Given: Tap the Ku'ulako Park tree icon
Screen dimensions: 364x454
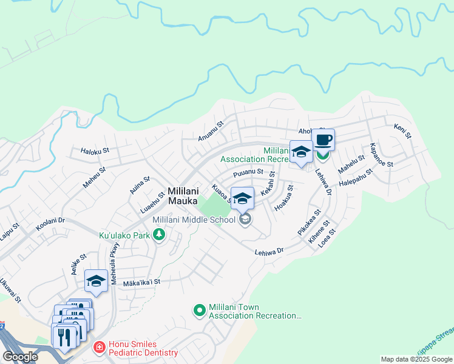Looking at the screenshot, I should (159, 234).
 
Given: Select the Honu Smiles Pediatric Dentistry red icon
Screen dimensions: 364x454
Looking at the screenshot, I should (99, 348).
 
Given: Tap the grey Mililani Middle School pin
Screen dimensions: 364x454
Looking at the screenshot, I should (245, 219).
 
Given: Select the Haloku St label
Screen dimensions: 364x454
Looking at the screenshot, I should (94, 150).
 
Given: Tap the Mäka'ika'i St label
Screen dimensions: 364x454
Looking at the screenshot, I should (141, 282).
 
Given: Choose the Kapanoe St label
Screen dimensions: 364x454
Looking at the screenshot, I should (382, 156).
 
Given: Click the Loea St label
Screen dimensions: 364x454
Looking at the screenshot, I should (331, 237).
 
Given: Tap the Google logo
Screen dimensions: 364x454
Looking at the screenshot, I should (21, 356).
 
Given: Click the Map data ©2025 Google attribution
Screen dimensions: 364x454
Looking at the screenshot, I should (416, 359).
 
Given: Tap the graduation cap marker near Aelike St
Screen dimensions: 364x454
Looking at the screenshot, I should (96, 281).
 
